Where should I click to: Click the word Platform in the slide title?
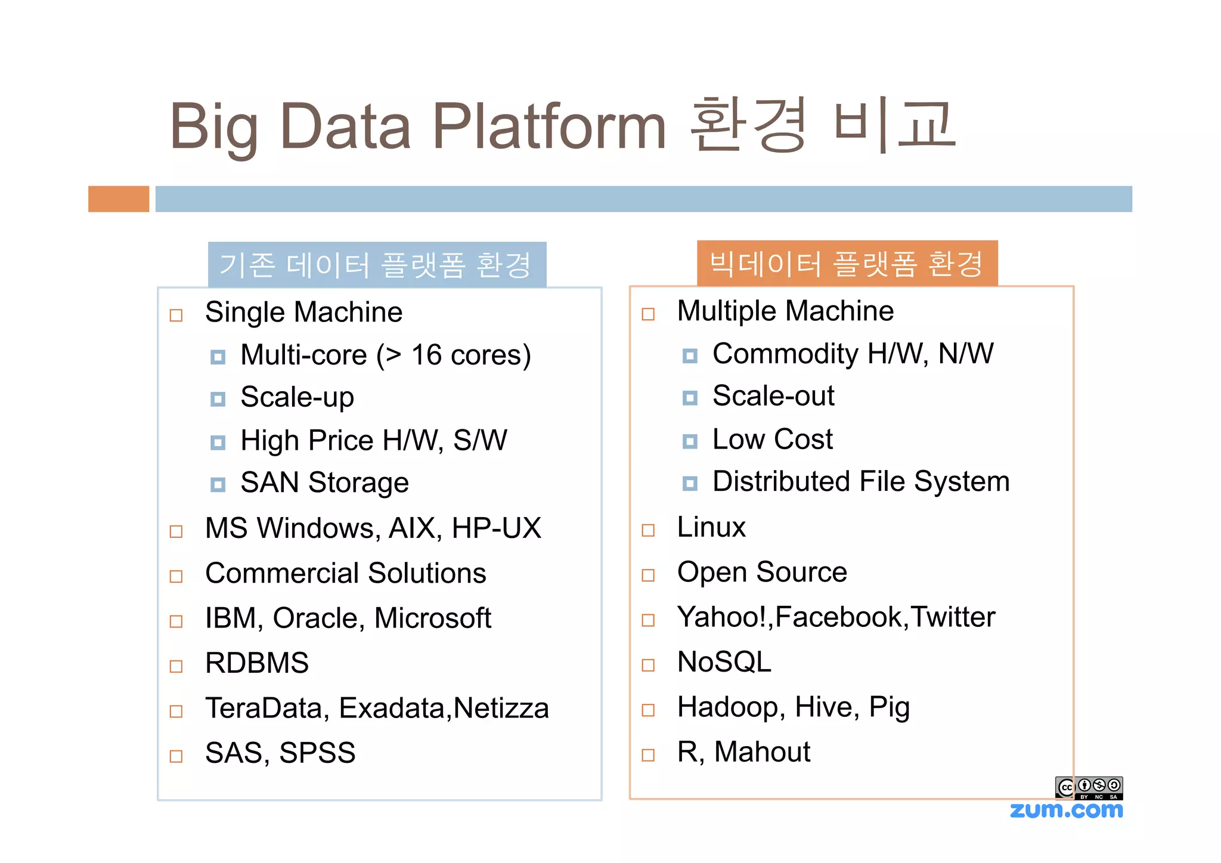click(548, 126)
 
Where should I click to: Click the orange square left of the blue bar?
click(119, 199)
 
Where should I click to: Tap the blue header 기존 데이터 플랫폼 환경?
click(377, 265)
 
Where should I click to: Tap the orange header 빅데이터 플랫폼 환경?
click(847, 264)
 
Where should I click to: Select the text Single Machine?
click(303, 313)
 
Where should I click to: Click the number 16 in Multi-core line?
click(426, 355)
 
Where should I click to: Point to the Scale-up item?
click(297, 397)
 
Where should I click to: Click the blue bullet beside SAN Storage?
click(218, 484)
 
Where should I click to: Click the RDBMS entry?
click(257, 663)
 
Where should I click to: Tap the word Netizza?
click(501, 709)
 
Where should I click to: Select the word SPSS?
click(317, 753)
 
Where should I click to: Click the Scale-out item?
click(773, 396)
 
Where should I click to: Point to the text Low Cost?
click(772, 440)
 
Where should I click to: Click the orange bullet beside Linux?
click(648, 530)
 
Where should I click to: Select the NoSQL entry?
click(724, 662)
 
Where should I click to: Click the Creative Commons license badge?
click(1089, 788)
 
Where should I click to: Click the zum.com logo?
click(1066, 811)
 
